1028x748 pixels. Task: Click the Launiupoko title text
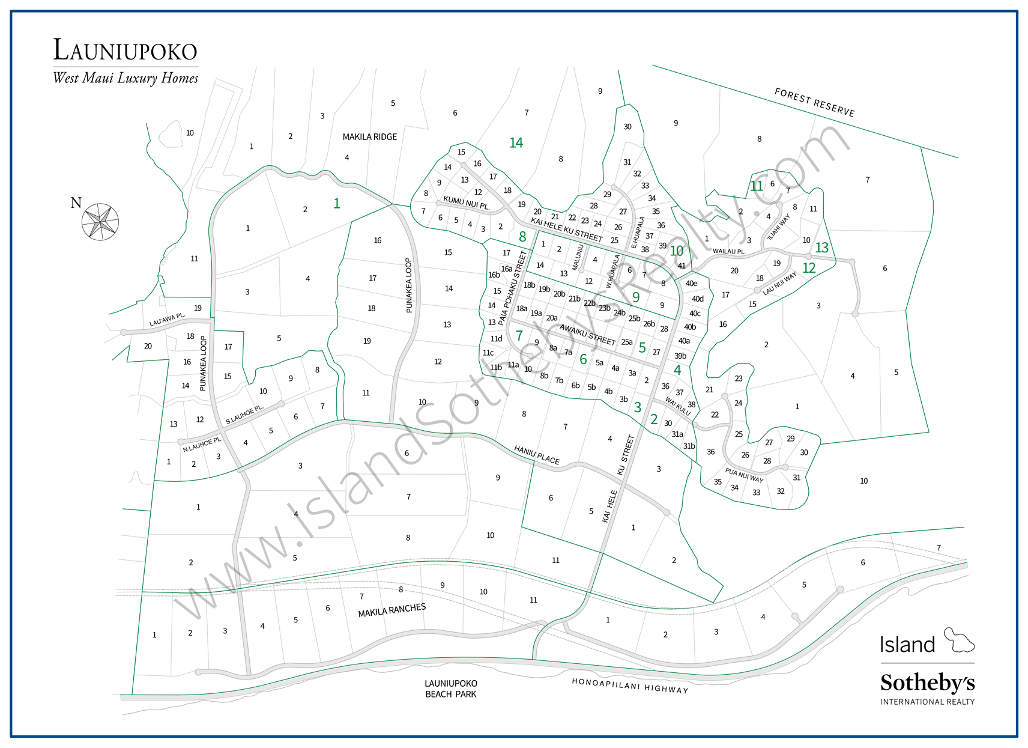pos(125,50)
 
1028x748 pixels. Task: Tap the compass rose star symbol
pos(100,222)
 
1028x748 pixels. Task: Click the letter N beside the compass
pos(76,203)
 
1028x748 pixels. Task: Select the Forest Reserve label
pos(814,102)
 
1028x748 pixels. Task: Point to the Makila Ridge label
pos(369,137)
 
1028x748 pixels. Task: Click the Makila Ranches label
pos(392,610)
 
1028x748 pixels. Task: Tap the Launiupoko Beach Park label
pos(450,689)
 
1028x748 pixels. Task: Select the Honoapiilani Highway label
pos(629,686)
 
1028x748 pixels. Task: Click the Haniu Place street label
pos(536,455)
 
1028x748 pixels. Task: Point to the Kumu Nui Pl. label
pos(466,202)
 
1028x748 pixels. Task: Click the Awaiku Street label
pos(587,334)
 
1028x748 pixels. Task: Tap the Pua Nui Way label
pos(744,475)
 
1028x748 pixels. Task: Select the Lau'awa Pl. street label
pos(167,320)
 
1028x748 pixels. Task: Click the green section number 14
pos(516,143)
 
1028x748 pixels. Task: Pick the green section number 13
pos(821,248)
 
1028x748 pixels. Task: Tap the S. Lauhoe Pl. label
pos(244,415)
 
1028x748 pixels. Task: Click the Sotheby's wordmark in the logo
pos(927,683)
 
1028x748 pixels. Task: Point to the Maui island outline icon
pos(959,640)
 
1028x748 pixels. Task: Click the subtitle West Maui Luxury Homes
pos(125,78)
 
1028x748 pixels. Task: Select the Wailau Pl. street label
pos(728,251)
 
